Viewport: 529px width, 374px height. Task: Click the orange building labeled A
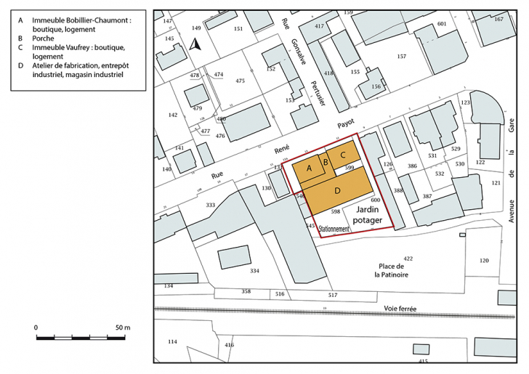click(310, 169)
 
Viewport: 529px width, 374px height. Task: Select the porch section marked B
click(327, 161)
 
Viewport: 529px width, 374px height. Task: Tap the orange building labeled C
click(343, 154)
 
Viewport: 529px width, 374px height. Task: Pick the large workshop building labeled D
click(338, 190)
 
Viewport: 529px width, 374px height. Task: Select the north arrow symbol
click(193, 45)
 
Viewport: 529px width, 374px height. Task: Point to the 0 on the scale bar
click(36, 328)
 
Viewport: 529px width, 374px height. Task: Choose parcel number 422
click(408, 259)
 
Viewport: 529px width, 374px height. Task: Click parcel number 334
click(254, 271)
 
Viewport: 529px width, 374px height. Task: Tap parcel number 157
click(402, 56)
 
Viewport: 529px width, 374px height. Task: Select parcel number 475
click(240, 81)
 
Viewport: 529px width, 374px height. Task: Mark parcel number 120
click(484, 260)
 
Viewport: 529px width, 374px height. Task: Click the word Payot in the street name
click(344, 124)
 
